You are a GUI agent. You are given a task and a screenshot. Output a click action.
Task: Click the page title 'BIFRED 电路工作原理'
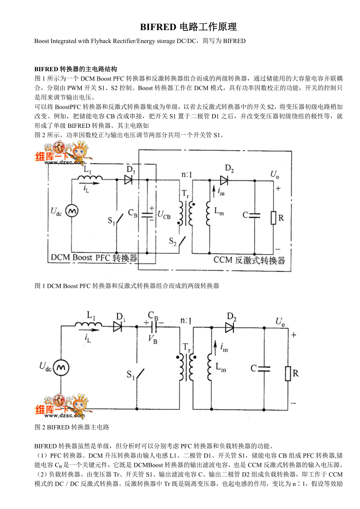[189, 27]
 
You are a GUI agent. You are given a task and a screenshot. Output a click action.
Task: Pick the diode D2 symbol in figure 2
[229, 328]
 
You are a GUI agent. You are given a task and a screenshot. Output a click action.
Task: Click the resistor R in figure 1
[273, 217]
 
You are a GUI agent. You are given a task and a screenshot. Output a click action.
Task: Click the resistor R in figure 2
[288, 373]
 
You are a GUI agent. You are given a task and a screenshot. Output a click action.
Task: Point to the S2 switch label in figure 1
[173, 241]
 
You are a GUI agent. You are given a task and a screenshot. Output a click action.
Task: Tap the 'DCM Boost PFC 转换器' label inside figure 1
[94, 258]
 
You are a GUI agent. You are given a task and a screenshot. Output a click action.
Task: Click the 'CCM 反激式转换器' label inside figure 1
[249, 260]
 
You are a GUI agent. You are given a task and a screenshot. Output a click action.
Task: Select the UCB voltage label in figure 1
[164, 215]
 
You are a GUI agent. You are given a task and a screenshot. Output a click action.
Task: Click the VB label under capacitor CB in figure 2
[153, 340]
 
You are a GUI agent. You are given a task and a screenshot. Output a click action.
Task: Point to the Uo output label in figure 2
[280, 321]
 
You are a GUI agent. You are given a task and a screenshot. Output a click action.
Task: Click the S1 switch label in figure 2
[131, 375]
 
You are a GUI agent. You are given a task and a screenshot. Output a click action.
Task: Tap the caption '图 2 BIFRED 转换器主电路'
[72, 427]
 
